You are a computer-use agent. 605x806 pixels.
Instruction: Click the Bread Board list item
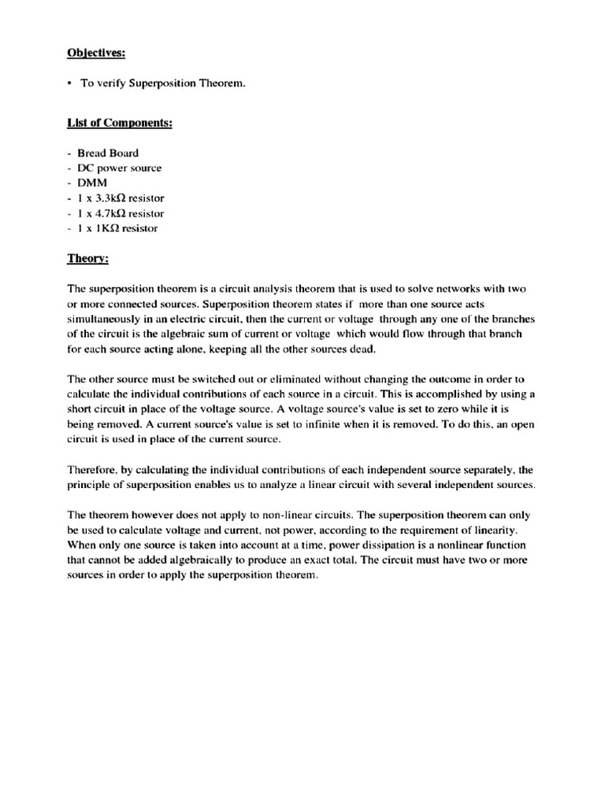pos(107,153)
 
